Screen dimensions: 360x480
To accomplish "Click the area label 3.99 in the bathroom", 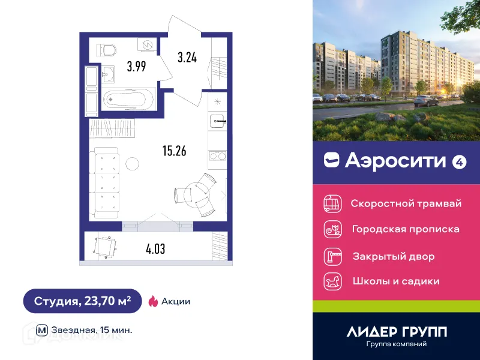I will tap(136, 67).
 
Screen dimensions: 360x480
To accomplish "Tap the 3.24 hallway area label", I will tap(187, 58).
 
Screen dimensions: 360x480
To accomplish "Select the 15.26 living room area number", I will tap(174, 151).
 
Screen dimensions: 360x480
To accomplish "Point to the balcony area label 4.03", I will tap(155, 247).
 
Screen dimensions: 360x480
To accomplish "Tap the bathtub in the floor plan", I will tap(128, 98).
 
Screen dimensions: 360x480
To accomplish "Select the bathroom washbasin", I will tap(109, 75).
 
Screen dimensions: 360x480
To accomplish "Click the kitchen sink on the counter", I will tap(217, 121).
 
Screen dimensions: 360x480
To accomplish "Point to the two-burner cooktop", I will tap(217, 157).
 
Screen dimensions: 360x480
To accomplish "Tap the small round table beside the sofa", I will tap(132, 163).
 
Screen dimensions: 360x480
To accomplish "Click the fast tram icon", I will tap(332, 203).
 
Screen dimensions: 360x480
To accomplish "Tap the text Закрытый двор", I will tap(393, 256).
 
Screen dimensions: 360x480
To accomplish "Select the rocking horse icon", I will tap(332, 281).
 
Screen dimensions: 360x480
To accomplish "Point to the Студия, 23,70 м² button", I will tap(82, 301).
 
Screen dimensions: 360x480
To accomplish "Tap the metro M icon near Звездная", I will tap(42, 329).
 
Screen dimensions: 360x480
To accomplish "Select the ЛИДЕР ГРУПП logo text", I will tap(397, 332).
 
